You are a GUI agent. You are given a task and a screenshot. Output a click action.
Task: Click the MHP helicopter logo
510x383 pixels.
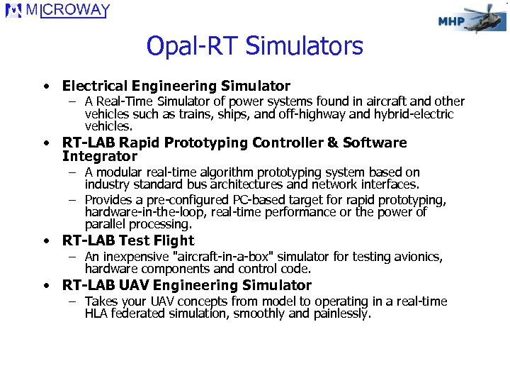[470, 19]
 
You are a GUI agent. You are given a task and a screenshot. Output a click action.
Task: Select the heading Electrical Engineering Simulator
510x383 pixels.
[176, 86]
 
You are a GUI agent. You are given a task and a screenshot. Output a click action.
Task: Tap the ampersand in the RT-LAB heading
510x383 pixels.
[332, 143]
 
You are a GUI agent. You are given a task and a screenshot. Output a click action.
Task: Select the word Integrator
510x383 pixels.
[99, 156]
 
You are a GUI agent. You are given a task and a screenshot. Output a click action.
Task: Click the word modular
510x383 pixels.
[120, 172]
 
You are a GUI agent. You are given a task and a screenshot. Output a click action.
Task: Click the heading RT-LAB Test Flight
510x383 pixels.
[127, 240]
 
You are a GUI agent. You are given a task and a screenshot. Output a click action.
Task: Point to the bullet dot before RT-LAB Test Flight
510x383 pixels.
[45, 241]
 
